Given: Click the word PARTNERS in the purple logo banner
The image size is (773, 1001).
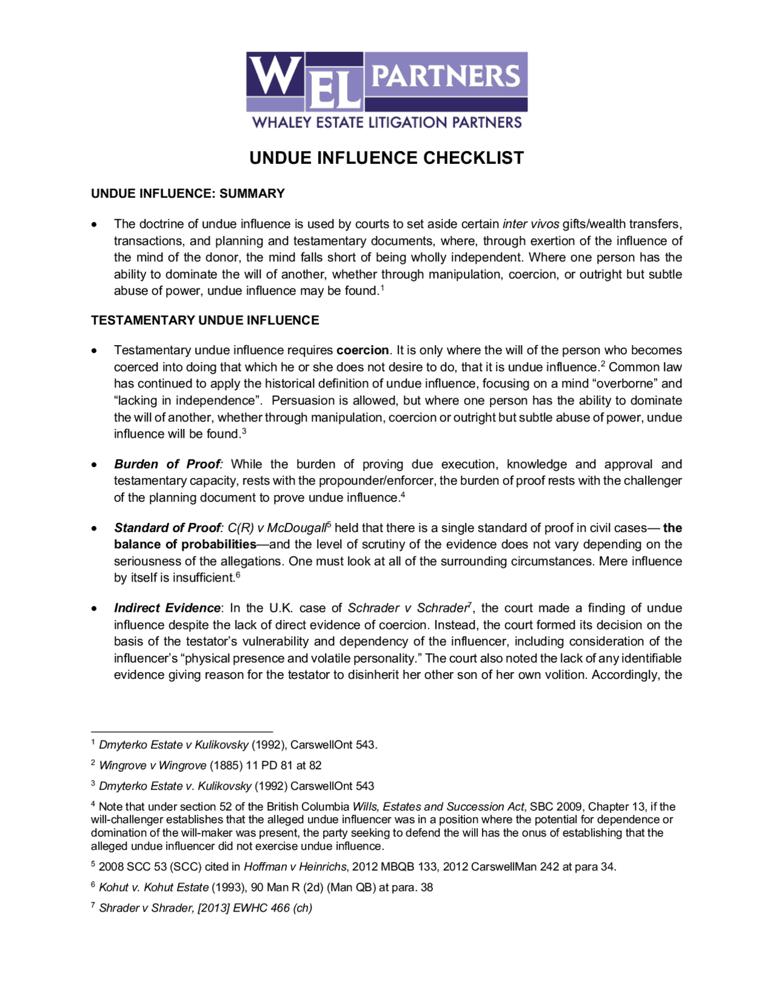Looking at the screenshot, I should [x=446, y=76].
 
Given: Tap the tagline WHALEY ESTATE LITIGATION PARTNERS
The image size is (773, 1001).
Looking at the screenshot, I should [x=386, y=122].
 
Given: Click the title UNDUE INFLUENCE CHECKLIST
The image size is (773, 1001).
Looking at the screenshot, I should [x=386, y=158].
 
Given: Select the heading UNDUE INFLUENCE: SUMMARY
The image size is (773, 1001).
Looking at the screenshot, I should [x=188, y=193].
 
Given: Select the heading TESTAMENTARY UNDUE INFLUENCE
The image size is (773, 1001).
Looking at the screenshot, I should [x=205, y=320].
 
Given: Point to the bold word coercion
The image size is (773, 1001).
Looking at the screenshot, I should [x=362, y=351].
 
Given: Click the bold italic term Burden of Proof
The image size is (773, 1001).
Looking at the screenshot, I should [x=167, y=464].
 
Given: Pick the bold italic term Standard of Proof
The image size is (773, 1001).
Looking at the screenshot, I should [x=167, y=528].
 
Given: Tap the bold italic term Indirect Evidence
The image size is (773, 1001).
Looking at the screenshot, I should [x=167, y=608].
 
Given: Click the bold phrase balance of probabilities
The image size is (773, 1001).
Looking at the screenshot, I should [x=185, y=545].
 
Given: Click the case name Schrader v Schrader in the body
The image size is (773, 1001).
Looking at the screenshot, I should [x=407, y=608].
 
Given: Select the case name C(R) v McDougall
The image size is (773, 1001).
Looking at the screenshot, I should [x=277, y=528].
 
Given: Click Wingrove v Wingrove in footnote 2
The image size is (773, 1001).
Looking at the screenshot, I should [x=153, y=765].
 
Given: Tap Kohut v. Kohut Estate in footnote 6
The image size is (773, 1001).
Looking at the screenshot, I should [x=153, y=887].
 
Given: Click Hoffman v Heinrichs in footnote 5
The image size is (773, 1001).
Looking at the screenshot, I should [x=295, y=867].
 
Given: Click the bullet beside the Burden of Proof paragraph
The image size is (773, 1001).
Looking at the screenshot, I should [x=94, y=465].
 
